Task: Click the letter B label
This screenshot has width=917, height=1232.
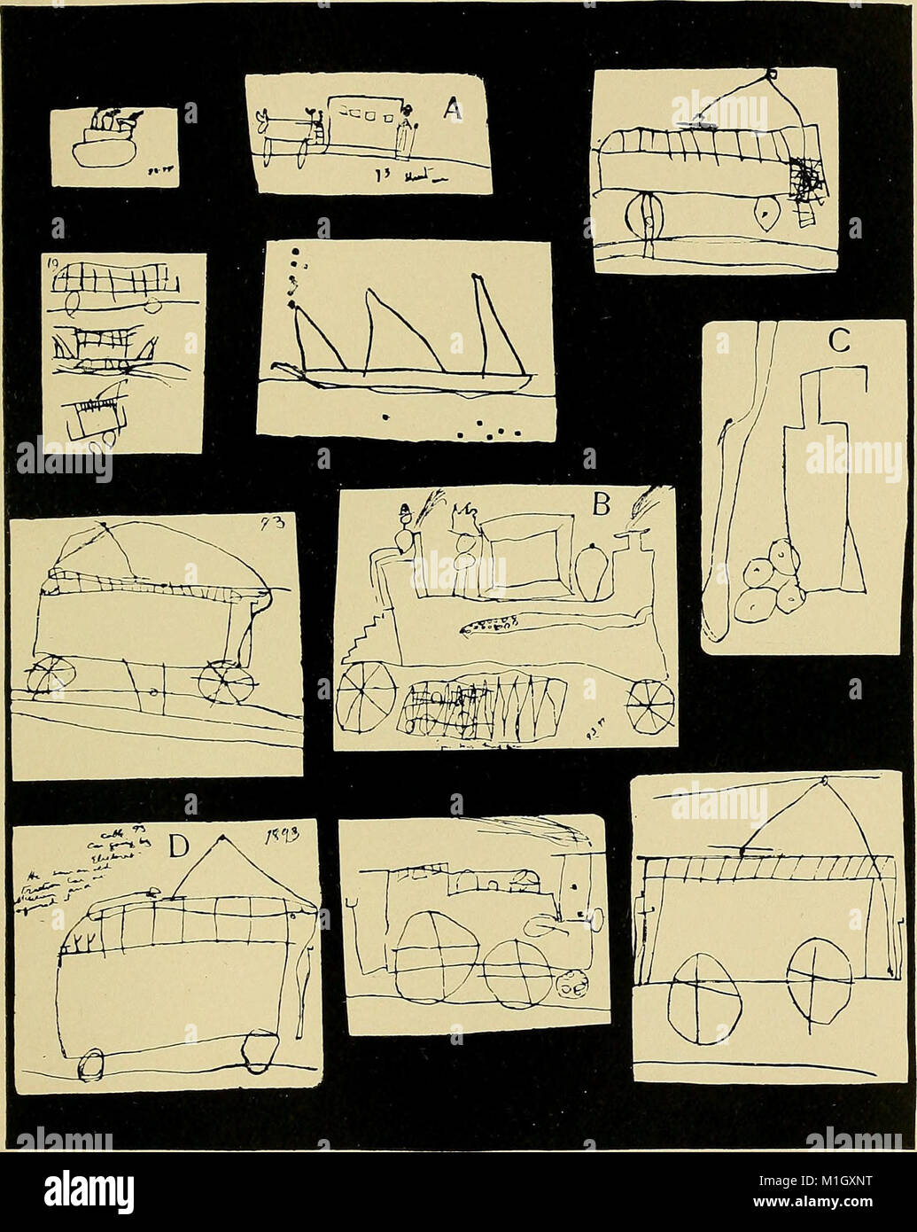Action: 602,505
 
